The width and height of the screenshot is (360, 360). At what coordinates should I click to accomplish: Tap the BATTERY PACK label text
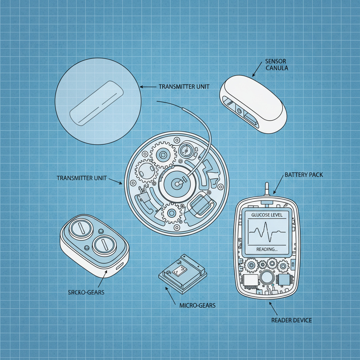[303, 175]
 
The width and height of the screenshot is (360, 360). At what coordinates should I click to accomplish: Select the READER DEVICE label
[291, 320]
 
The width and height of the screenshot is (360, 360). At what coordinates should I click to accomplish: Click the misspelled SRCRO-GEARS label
[86, 292]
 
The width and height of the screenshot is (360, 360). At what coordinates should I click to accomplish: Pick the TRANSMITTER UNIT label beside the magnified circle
[182, 86]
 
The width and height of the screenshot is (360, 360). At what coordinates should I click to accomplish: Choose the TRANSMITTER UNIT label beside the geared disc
[82, 178]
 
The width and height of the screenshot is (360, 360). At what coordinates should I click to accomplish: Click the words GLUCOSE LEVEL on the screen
[266, 215]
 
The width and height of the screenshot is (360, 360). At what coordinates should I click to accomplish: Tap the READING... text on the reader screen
[267, 249]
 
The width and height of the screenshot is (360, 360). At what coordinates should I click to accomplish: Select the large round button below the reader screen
[267, 278]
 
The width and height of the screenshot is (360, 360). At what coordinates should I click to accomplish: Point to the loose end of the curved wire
[157, 102]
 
